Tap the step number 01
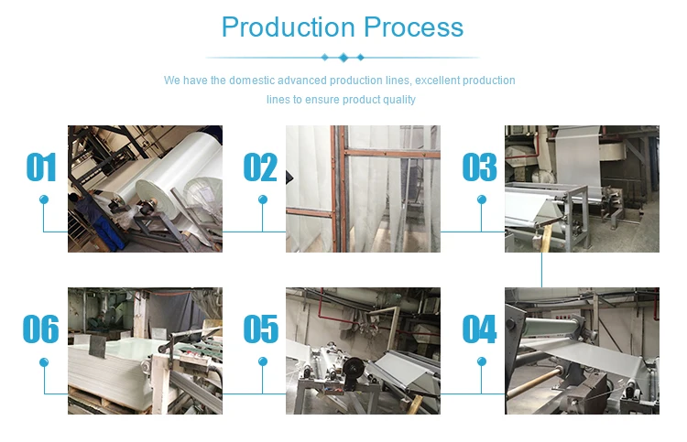point(42,168)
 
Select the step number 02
point(260,168)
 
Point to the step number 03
point(479,168)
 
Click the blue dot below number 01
point(43,199)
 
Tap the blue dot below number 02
point(262,199)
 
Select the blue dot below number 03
point(481,199)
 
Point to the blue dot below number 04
point(481,361)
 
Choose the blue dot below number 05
point(262,361)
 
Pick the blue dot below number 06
point(43,361)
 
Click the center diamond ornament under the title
point(343,58)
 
